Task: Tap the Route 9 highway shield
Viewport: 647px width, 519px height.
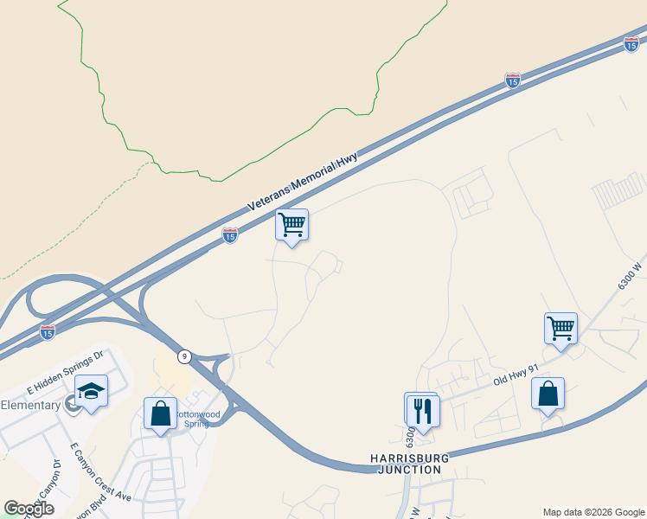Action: pyautogui.click(x=184, y=356)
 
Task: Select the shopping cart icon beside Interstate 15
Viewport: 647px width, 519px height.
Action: pyautogui.click(x=292, y=225)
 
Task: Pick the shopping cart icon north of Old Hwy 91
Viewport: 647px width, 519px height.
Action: pyautogui.click(x=561, y=329)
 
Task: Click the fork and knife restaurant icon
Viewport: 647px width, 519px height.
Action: pyautogui.click(x=422, y=409)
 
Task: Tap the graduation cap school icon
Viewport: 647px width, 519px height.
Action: pyautogui.click(x=91, y=391)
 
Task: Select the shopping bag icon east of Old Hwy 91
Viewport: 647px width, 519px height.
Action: pyautogui.click(x=548, y=394)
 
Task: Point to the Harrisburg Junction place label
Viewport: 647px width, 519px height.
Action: pyautogui.click(x=406, y=463)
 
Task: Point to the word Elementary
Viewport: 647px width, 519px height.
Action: pyautogui.click(x=30, y=405)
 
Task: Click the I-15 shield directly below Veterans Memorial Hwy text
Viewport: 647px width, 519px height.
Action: pyautogui.click(x=230, y=234)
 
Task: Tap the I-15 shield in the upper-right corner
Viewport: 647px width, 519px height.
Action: pyautogui.click(x=631, y=44)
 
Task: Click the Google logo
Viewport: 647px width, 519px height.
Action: pyautogui.click(x=29, y=509)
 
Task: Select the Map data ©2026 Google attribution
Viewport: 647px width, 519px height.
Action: pyautogui.click(x=593, y=512)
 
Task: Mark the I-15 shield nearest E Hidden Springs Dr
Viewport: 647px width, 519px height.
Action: pyautogui.click(x=48, y=331)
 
